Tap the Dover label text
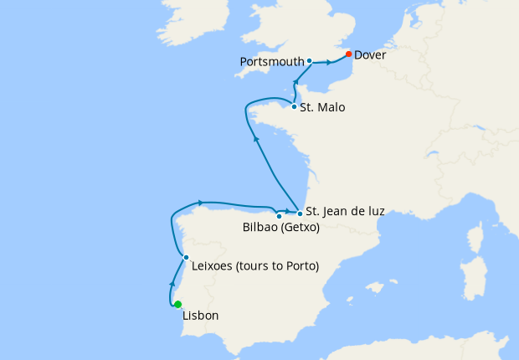pyautogui.click(x=370, y=55)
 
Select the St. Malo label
pyautogui.click(x=322, y=108)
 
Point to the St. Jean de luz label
pyautogui.click(x=345, y=212)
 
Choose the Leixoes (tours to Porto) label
pyautogui.click(x=255, y=267)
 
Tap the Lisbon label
pyautogui.click(x=200, y=316)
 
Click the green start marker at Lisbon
pyautogui.click(x=177, y=305)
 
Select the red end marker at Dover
pyautogui.click(x=348, y=54)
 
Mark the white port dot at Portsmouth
pyautogui.click(x=309, y=61)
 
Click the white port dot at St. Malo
pyautogui.click(x=293, y=106)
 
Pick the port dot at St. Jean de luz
pyautogui.click(x=299, y=213)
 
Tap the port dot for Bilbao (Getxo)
pyautogui.click(x=279, y=216)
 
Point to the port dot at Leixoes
pyautogui.click(x=186, y=257)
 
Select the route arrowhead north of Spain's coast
pyautogui.click(x=201, y=202)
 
